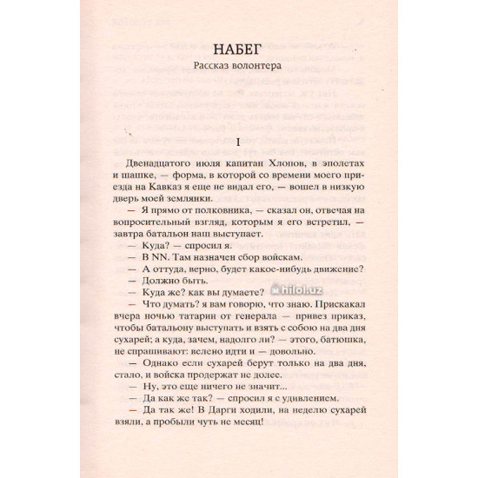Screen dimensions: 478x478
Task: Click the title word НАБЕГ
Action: [x=238, y=47]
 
